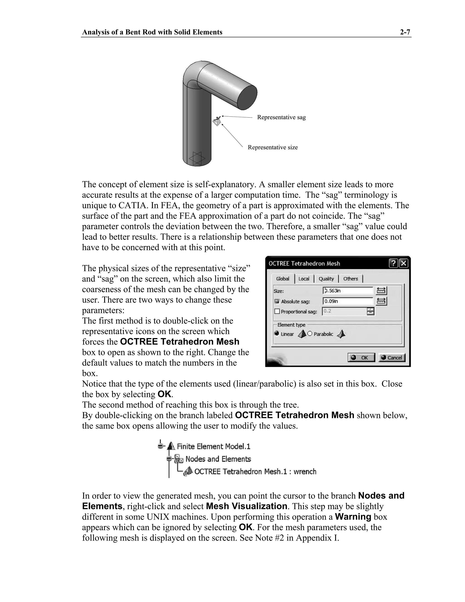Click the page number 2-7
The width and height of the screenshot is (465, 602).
point(405,32)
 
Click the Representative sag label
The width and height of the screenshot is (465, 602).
point(281,117)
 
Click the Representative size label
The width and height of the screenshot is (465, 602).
point(272,147)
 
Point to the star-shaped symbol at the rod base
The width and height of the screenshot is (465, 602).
point(197,159)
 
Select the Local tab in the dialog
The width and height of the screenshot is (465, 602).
point(304,279)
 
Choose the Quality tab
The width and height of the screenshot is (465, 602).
point(326,279)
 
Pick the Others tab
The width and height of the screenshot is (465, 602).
point(350,279)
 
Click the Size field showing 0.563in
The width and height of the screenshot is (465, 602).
point(348,291)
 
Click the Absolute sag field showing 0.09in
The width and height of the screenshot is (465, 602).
point(348,301)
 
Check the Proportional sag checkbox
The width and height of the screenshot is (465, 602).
point(277,311)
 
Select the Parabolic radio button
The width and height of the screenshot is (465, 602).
point(310,334)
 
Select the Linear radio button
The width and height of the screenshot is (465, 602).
point(277,333)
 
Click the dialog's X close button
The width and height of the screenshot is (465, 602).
point(403,264)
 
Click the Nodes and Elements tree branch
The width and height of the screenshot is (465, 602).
point(218,459)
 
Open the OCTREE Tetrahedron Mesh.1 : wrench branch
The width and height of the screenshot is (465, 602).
point(255,472)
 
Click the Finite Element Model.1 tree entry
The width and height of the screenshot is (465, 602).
point(213,446)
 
